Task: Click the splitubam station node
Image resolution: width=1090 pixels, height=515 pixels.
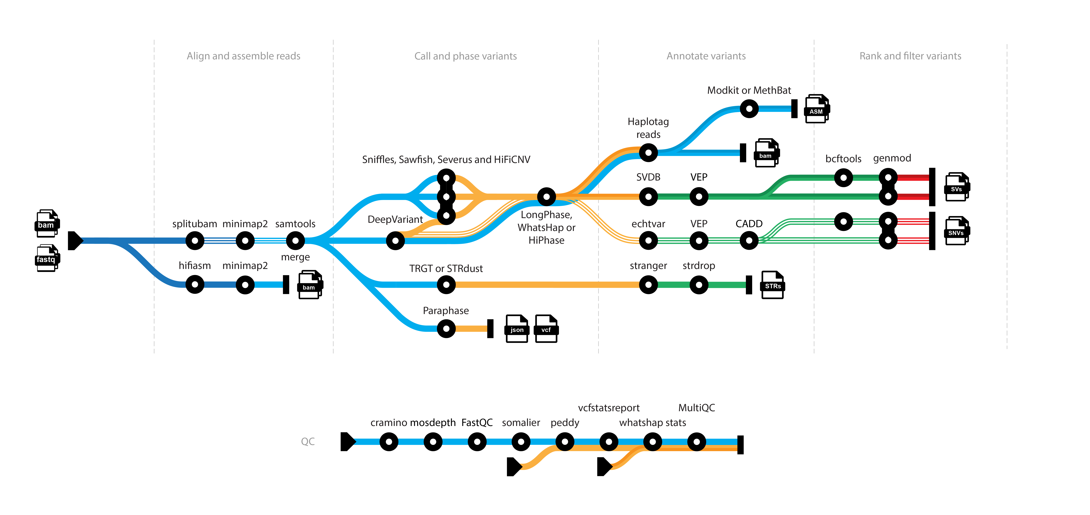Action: coord(195,241)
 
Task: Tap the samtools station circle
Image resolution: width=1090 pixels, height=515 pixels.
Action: coord(295,241)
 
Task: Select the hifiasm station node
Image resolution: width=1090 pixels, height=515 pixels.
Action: coord(195,285)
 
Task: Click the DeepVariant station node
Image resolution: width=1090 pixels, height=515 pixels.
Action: coord(395,241)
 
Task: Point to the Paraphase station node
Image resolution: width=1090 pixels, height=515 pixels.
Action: coord(446,328)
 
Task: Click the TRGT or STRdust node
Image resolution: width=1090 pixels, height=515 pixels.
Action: coord(446,285)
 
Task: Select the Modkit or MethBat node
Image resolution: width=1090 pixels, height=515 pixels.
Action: coord(749,109)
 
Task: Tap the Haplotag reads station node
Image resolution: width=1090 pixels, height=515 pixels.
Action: coord(648,153)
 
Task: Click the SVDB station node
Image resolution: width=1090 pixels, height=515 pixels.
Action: coord(648,197)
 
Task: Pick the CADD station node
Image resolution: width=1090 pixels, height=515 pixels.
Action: coord(749,241)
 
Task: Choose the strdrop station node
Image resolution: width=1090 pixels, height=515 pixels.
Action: coord(699,285)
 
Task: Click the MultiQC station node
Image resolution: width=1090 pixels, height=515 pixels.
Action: coord(697,442)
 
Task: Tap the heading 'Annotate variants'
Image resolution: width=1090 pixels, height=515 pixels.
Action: coord(706,56)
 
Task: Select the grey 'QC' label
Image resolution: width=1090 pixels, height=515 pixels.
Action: coord(308,441)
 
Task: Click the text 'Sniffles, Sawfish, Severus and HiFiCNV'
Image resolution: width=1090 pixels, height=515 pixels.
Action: coord(446,159)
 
